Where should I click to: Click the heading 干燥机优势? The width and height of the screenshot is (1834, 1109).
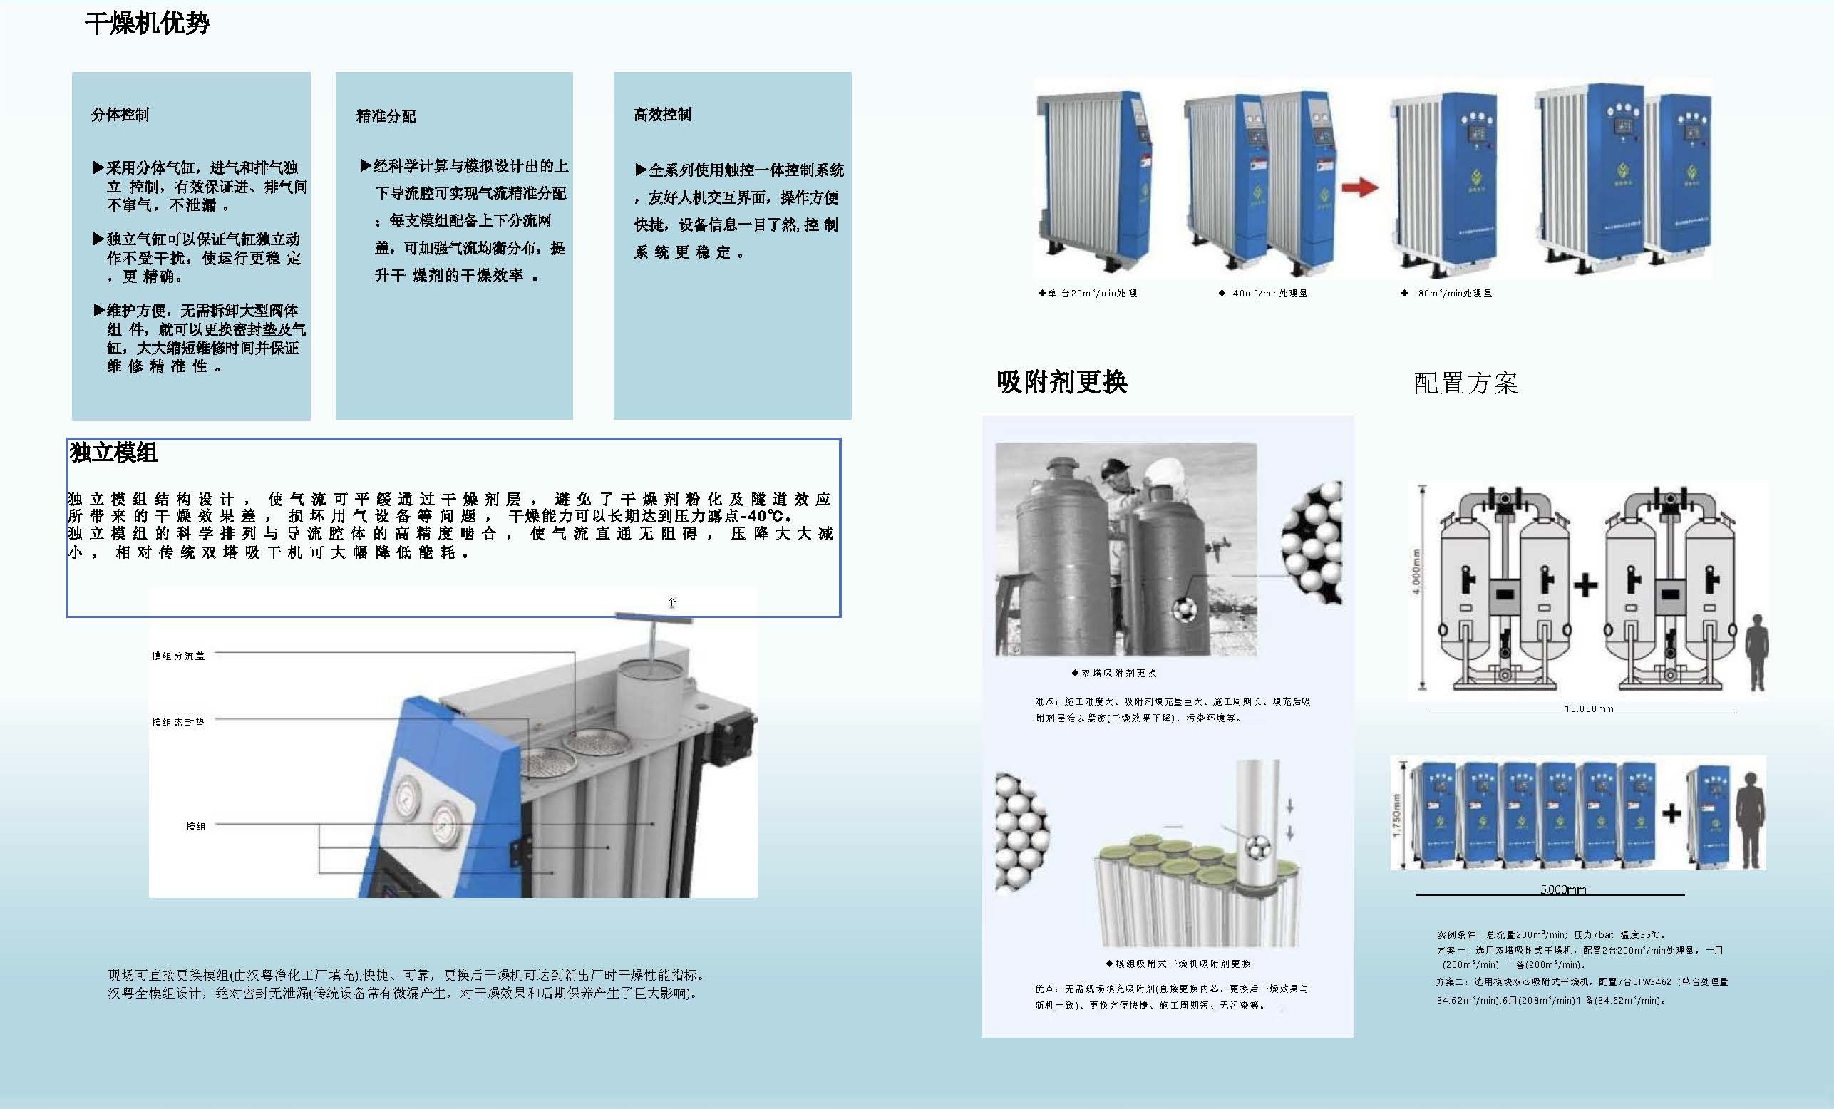pos(147,24)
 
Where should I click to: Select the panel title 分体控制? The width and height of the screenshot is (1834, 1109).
pos(120,115)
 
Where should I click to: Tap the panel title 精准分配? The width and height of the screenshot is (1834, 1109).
pos(386,116)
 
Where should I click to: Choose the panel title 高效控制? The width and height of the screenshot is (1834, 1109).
pos(661,115)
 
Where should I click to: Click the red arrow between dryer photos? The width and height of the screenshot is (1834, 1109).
pos(1359,187)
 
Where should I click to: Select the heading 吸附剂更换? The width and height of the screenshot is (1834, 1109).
pos(1061,382)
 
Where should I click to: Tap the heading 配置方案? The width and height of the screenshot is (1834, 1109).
pos(1465,383)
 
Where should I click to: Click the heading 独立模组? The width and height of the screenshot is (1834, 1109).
pos(114,453)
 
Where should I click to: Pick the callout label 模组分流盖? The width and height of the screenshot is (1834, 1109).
pos(178,656)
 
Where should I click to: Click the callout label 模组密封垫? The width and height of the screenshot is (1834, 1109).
pos(178,722)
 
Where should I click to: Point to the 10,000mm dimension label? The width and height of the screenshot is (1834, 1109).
pos(1588,708)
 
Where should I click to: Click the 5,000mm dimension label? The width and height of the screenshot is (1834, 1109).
pos(1562,889)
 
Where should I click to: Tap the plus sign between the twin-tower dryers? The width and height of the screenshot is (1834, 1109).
pos(1585,585)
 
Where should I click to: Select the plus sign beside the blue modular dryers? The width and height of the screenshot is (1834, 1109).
pos(1671,813)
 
